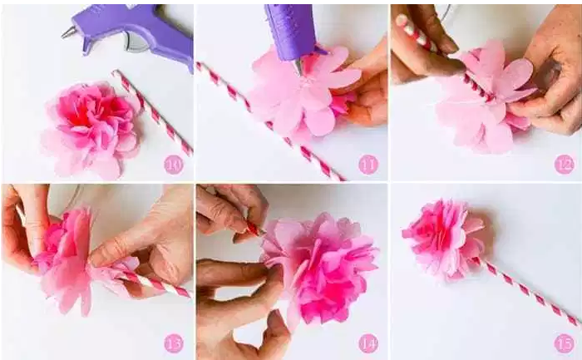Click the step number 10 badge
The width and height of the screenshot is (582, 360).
pyautogui.click(x=174, y=165)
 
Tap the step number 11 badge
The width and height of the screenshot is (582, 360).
pyautogui.click(x=368, y=165)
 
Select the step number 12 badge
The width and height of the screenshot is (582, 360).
pyautogui.click(x=565, y=165)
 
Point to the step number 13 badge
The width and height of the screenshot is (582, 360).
pyautogui.click(x=174, y=343)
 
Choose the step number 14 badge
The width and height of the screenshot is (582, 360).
pyautogui.click(x=368, y=343)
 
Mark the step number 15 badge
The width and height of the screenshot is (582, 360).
pyautogui.click(x=565, y=343)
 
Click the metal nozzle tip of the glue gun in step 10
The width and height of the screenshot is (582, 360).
pyautogui.click(x=69, y=32)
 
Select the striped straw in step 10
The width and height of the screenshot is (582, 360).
pyautogui.click(x=152, y=112)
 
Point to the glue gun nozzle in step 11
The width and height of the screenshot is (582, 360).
pyautogui.click(x=298, y=66)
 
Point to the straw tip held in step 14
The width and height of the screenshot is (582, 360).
pyautogui.click(x=255, y=228)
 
